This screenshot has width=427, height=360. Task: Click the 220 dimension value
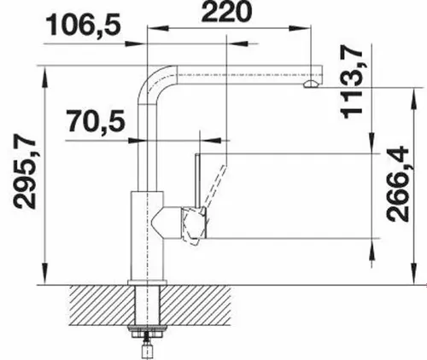click(226, 13)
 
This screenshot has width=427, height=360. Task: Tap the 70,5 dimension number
click(94, 122)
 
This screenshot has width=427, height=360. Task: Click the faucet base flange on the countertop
click(147, 282)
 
